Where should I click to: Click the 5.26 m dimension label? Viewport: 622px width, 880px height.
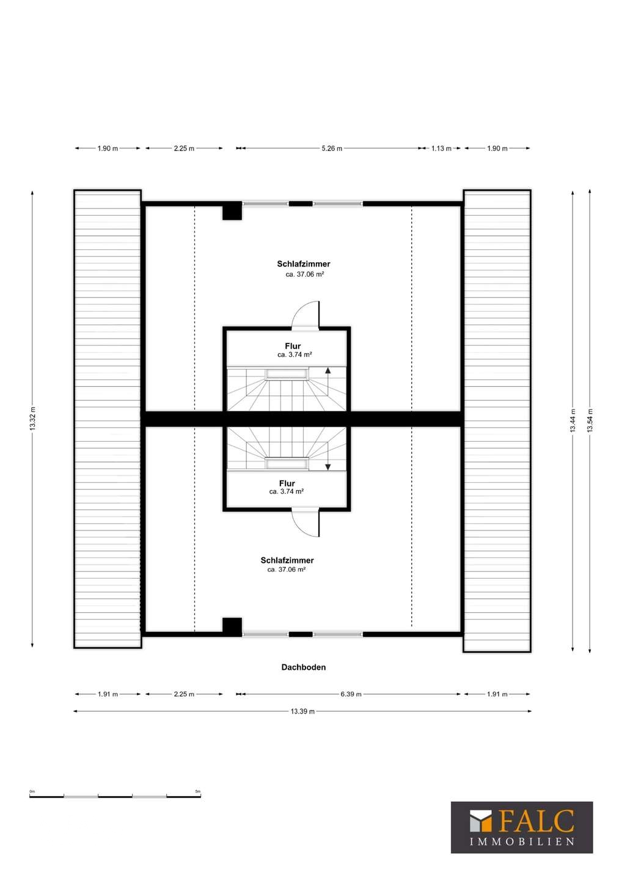tap(332, 148)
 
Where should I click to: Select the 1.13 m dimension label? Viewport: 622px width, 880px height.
tap(441, 148)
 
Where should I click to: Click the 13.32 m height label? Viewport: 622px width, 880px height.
tap(32, 419)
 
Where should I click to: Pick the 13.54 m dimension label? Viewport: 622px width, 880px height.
tap(590, 420)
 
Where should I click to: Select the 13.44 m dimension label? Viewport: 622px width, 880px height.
tap(573, 420)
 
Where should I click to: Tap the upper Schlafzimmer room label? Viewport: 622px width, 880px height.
tap(304, 264)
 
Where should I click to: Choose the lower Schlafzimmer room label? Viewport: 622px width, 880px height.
tap(287, 560)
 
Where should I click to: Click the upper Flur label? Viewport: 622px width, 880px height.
tap(293, 346)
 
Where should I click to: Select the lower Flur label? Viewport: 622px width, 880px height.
tap(287, 483)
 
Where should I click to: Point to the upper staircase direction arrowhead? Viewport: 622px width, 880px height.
tap(328, 370)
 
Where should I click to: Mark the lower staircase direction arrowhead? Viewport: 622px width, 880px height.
tap(328, 467)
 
